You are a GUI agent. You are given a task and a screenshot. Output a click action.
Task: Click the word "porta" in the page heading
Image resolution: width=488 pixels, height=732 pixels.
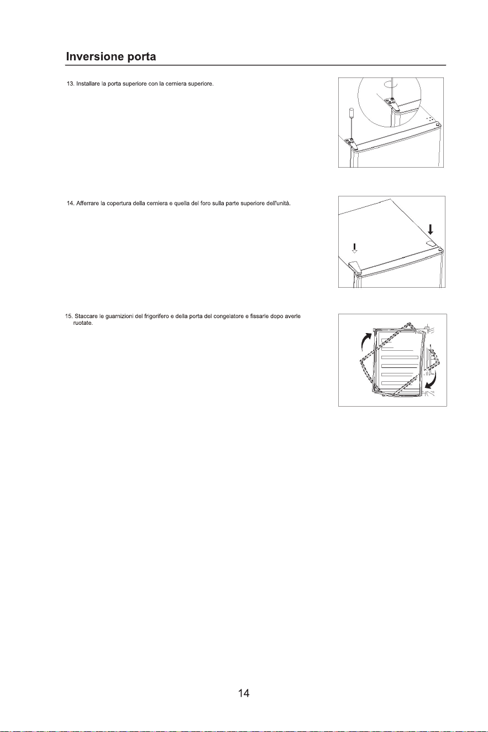point(141,58)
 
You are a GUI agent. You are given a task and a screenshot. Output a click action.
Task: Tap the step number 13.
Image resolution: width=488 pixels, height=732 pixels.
point(70,84)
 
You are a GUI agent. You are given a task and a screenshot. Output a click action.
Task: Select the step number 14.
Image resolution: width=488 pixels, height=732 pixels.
point(70,203)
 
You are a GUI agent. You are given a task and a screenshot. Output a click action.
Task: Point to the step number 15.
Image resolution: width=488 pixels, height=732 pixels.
point(69,316)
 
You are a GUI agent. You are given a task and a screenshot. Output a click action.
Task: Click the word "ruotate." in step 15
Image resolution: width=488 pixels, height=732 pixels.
point(83,323)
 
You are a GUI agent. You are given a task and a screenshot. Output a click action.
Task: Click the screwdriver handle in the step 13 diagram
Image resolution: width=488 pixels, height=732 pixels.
point(351,113)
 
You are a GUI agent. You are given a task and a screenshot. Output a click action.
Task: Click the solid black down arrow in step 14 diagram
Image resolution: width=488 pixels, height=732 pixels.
point(431,230)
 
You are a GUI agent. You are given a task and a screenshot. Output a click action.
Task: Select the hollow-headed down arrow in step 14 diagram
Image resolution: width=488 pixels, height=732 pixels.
point(354,248)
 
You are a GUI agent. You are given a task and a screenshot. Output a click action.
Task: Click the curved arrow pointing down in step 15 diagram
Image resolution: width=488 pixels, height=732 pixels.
point(432,380)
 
